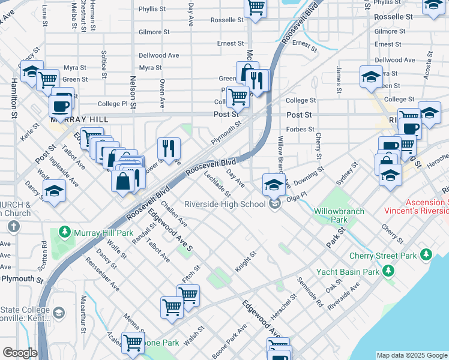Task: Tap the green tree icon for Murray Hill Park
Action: pyautogui.click(x=65, y=232)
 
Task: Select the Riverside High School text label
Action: pyautogui.click(x=224, y=204)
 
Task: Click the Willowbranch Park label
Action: pyautogui.click(x=330, y=215)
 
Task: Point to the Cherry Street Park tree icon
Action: pyautogui.click(x=427, y=255)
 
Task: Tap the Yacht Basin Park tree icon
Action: pyautogui.click(x=389, y=272)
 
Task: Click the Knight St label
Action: pyautogui.click(x=246, y=262)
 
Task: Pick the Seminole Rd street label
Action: pyautogui.click(x=310, y=293)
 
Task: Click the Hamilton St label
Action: pyautogui.click(x=13, y=94)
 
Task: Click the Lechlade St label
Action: pyautogui.click(x=217, y=184)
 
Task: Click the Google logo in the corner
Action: pyautogui.click(x=20, y=353)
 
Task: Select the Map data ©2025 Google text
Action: pyautogui.click(x=412, y=355)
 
